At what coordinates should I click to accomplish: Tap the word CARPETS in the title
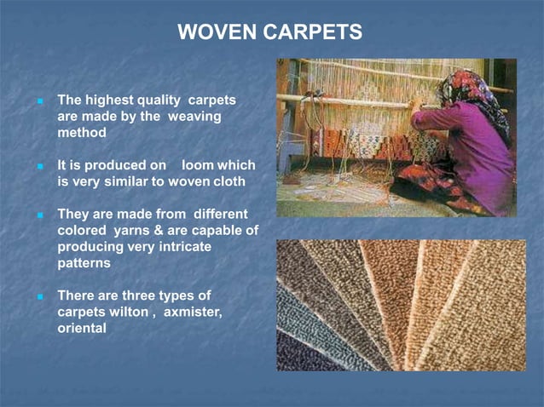pyautogui.click(x=310, y=32)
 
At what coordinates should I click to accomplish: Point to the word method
pyautogui.click(x=82, y=133)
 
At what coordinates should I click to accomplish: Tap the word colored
pyautogui.click(x=83, y=230)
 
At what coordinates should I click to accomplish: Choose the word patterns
pyautogui.click(x=84, y=262)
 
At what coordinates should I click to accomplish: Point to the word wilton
pyautogui.click(x=127, y=312)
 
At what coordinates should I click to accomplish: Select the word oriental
pyautogui.click(x=82, y=328)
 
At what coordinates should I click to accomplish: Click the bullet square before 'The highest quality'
pyautogui.click(x=40, y=100)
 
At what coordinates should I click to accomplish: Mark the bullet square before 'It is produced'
pyautogui.click(x=40, y=165)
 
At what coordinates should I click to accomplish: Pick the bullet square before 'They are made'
pyautogui.click(x=40, y=214)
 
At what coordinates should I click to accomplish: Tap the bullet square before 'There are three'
pyautogui.click(x=40, y=295)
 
